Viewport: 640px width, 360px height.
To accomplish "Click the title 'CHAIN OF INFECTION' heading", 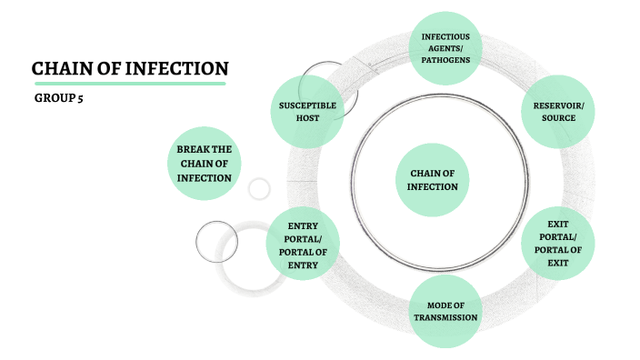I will pos(130,69).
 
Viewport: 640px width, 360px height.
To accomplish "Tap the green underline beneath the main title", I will pos(129,84).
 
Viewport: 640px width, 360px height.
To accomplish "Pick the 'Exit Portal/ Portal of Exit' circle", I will pos(558,243).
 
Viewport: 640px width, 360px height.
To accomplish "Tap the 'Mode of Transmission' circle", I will pos(445,311).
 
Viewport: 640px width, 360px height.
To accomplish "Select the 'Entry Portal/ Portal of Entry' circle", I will pos(302,245).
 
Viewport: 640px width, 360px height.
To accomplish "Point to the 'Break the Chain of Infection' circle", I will pos(204,163).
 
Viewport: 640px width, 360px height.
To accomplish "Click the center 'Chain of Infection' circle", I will pos(433,179).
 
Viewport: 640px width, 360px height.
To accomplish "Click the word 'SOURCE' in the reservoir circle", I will pos(558,119).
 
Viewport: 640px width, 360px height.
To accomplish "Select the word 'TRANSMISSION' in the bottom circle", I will pos(445,317).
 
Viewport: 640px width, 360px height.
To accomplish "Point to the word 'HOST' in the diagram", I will pos(307,119).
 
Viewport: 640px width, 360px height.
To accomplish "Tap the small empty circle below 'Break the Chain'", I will pos(259,188).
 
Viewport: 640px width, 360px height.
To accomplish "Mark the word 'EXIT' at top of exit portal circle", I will pos(558,223).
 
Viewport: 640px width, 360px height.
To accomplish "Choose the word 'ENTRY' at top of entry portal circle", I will pos(302,225).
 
